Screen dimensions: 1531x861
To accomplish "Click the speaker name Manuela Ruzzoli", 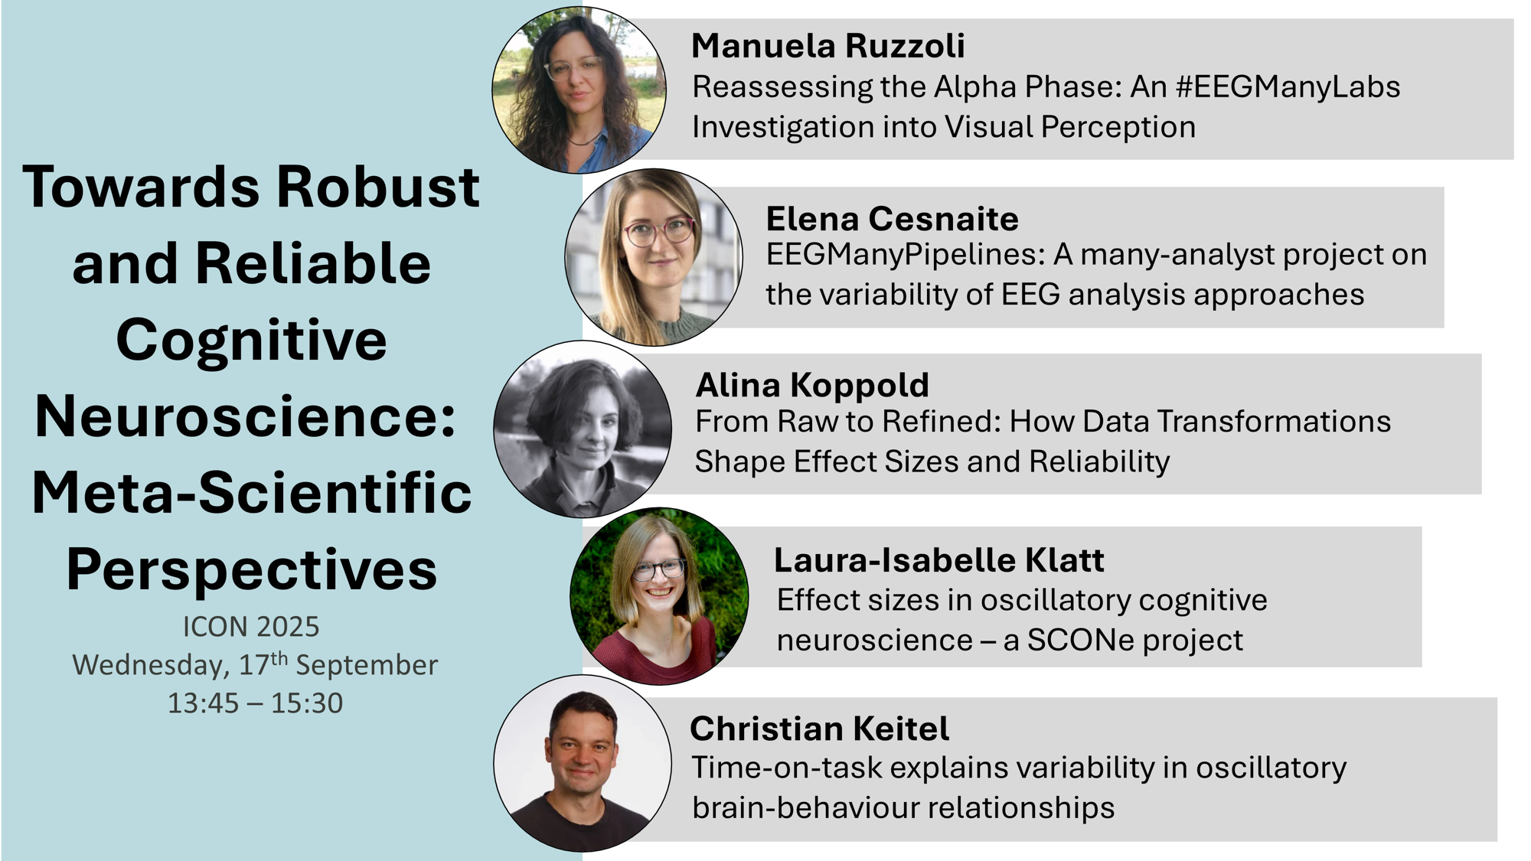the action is [x=828, y=46].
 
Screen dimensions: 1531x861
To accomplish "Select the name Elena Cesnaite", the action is [x=893, y=219].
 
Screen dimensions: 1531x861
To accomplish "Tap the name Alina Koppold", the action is [x=812, y=386].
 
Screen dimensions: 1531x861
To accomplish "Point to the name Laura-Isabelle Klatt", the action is [x=939, y=560].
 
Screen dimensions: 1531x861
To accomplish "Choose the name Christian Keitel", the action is [x=819, y=729].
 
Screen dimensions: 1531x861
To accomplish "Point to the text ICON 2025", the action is [x=251, y=627].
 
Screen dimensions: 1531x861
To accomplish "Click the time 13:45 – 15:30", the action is [x=255, y=703].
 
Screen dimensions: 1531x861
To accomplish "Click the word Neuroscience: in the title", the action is [x=246, y=416].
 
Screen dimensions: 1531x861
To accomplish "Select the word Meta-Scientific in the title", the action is [x=252, y=493].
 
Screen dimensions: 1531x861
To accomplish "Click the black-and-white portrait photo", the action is [x=583, y=429].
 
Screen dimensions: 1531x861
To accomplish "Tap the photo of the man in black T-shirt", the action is [x=583, y=763].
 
